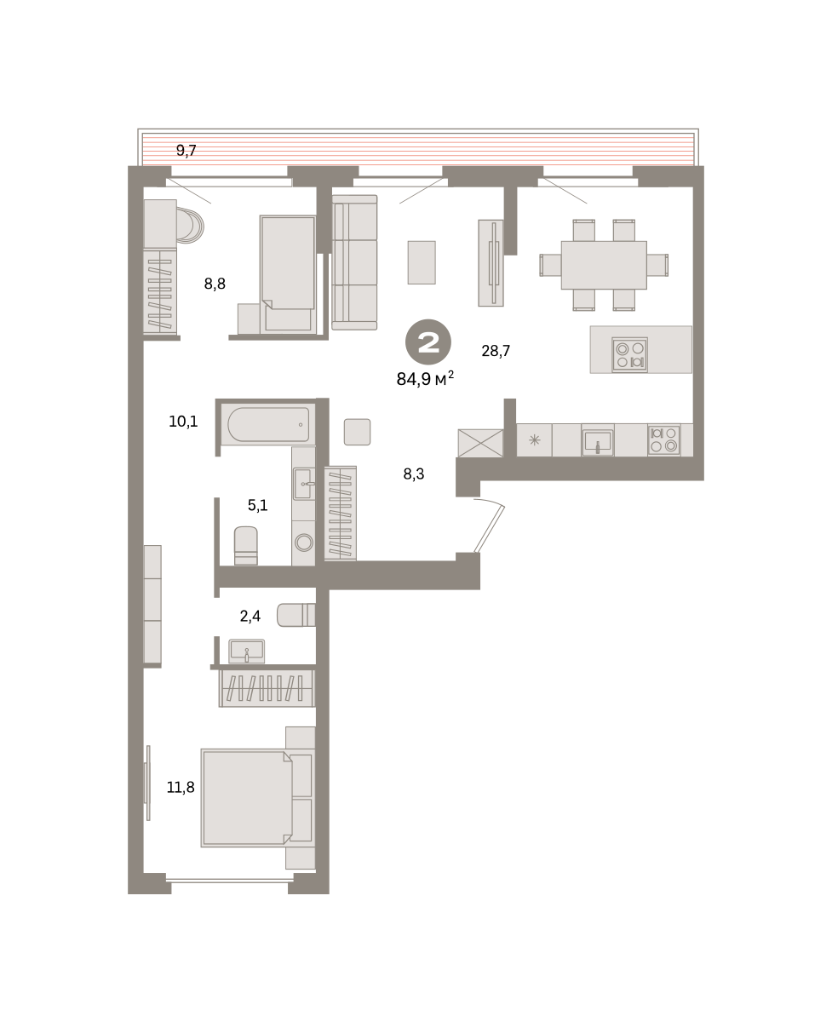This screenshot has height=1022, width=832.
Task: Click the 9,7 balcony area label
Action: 186,151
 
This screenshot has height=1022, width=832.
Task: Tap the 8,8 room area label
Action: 215,284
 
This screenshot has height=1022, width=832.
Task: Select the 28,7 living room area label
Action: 496,351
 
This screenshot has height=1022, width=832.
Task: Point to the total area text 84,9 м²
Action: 425,379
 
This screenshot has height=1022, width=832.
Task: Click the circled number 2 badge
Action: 428,342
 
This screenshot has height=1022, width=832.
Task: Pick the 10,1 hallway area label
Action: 183,422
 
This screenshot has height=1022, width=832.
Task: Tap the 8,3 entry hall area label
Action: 414,474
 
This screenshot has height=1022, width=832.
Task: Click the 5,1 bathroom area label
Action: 258,505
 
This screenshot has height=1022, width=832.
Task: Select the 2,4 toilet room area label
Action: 250,616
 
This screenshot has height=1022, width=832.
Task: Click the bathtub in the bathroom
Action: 268,425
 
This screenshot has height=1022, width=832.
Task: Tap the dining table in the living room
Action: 604,265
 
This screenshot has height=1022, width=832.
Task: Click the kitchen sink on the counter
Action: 597,440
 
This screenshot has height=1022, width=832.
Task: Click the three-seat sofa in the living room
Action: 354,262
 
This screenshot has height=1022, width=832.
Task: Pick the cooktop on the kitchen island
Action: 629,355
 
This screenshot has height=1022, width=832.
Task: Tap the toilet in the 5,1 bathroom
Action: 245,546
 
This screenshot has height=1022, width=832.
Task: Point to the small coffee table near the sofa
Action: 422,262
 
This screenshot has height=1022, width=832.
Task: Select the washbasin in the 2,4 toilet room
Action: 246,652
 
